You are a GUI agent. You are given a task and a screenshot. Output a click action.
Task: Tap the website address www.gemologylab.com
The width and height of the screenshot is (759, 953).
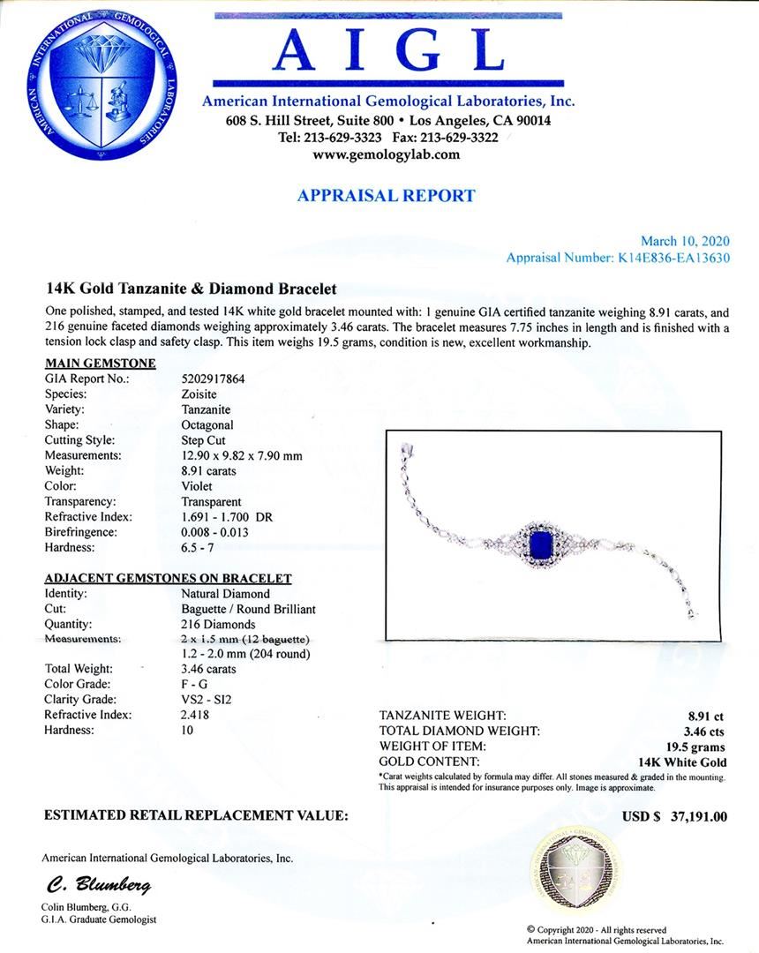[x=387, y=154]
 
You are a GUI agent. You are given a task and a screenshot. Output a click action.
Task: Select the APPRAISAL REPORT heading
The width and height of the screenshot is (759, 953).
[x=387, y=196]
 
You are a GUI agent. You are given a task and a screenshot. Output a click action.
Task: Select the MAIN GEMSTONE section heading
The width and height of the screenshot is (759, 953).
[x=100, y=363]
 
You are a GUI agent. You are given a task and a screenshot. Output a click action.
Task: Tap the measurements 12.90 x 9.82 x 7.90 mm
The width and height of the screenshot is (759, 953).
[x=241, y=455]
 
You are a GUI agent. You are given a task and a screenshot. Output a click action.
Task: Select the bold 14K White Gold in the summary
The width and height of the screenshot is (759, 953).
[x=682, y=762]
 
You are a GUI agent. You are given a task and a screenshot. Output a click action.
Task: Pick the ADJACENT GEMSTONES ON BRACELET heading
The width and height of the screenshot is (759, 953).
[x=168, y=578]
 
